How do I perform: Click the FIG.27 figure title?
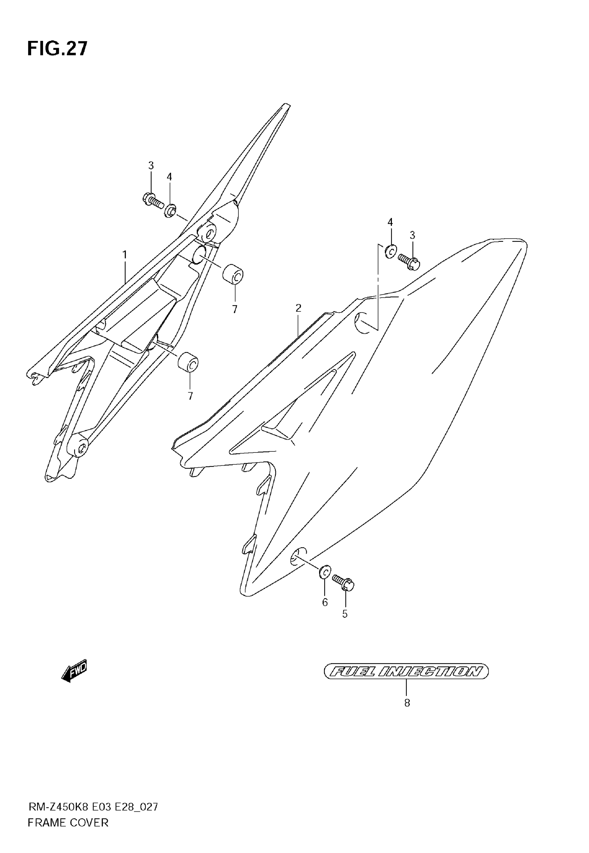[x=57, y=48]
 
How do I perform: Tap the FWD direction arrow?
[x=74, y=670]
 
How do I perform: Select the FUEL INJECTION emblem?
[x=406, y=671]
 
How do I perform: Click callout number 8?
[x=407, y=703]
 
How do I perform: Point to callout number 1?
[x=125, y=255]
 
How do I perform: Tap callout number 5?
[x=345, y=614]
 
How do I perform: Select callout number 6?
[x=325, y=602]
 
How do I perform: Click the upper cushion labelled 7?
[x=233, y=274]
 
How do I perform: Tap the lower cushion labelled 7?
[x=188, y=362]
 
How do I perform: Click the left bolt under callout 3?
[x=152, y=200]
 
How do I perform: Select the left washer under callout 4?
[x=170, y=211]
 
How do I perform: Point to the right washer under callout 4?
[x=390, y=252]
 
